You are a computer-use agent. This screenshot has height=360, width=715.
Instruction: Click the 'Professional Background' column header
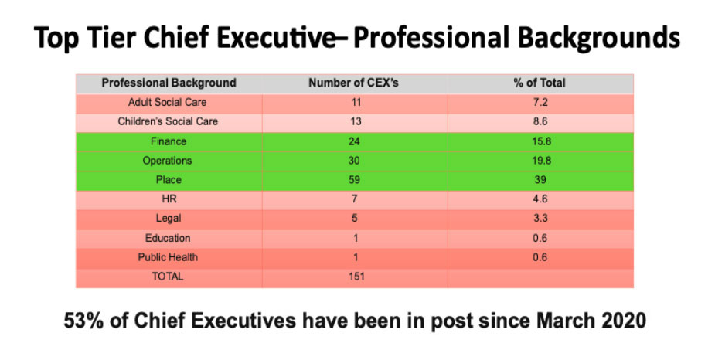coord(169,83)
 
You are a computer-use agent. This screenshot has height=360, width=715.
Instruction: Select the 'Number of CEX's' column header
coord(354,83)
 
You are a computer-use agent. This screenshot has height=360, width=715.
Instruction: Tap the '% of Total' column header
coord(540,83)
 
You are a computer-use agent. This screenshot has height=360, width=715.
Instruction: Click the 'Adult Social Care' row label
coord(168,102)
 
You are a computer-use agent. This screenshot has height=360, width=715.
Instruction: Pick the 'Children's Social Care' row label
coord(168,121)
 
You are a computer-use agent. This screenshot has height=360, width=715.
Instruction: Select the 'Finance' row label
coord(168,141)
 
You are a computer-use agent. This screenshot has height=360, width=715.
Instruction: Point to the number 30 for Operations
coord(354,161)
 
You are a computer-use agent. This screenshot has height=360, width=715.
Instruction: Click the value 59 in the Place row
coord(354,180)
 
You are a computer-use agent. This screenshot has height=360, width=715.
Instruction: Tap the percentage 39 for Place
coord(540,180)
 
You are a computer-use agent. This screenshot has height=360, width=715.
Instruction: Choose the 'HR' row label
coord(168,199)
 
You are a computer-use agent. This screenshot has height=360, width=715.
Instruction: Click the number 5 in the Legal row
coord(354,219)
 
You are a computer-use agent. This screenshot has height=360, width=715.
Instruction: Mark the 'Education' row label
coord(168,238)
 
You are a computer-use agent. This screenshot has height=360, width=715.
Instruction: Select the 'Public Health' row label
coord(168,257)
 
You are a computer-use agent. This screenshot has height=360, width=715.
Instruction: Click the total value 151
coord(354,277)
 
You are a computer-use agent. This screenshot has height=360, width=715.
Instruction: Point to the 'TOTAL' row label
coord(168,277)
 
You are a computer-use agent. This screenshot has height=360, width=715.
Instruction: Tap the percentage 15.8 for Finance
coord(540,141)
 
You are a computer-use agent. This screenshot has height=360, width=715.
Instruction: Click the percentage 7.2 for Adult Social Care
coord(540,102)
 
